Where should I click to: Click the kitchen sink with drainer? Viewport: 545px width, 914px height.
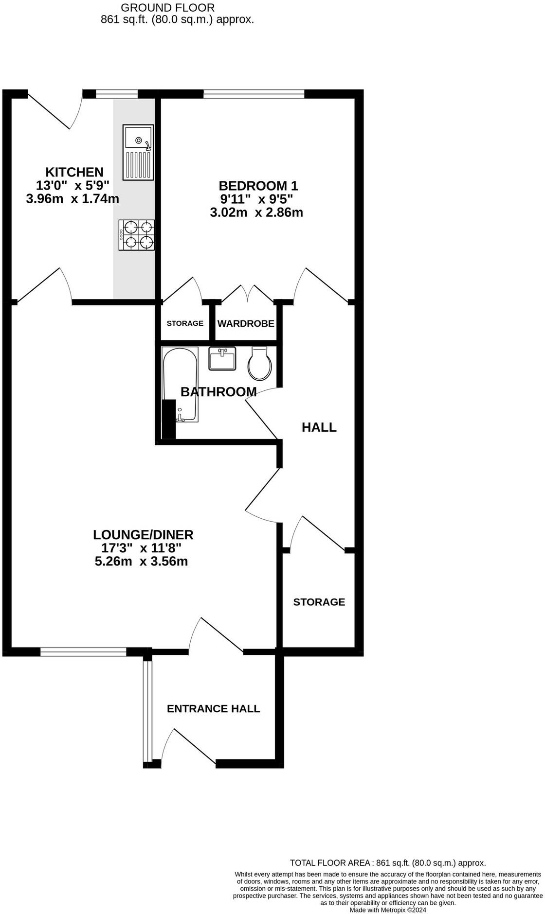139,152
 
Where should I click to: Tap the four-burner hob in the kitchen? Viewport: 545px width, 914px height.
137,235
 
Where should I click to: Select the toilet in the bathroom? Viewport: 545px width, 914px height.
260,364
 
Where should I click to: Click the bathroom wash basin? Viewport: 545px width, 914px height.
222,359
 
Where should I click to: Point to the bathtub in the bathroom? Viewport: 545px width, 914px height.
180,384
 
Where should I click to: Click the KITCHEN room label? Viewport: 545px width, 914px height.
74,172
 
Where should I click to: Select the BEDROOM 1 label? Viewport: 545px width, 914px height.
258,186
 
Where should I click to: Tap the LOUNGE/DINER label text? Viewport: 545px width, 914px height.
143,535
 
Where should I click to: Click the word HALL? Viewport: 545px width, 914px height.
319,427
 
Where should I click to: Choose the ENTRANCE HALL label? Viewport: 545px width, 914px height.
213,709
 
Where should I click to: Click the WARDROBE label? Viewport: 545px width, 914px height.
246,324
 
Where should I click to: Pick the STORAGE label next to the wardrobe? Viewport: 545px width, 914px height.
185,324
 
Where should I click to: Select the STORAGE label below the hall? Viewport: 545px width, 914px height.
319,602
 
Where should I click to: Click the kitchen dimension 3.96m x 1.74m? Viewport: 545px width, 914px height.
73,199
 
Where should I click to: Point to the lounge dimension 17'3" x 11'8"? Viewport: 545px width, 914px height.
141,548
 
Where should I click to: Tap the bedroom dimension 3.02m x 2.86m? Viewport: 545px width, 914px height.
256,212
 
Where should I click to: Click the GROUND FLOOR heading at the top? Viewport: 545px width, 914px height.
167,7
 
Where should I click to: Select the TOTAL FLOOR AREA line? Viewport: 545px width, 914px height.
388,863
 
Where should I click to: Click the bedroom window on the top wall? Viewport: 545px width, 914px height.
254,93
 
